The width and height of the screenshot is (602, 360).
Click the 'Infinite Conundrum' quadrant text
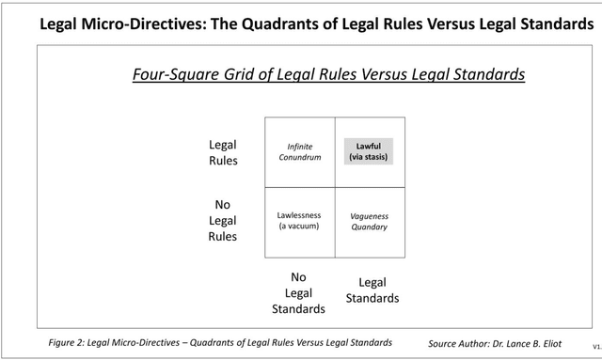300,152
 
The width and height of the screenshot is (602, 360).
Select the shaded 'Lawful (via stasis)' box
368,151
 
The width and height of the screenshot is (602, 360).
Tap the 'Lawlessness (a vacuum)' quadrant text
299,221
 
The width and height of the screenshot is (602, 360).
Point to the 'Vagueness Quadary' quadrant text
368,221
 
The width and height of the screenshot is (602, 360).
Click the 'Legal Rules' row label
223,152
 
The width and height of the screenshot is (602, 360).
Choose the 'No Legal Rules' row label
223,220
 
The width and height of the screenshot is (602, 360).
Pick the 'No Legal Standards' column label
299,292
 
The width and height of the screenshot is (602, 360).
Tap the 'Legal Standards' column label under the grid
372,290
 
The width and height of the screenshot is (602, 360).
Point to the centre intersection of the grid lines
335,187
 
